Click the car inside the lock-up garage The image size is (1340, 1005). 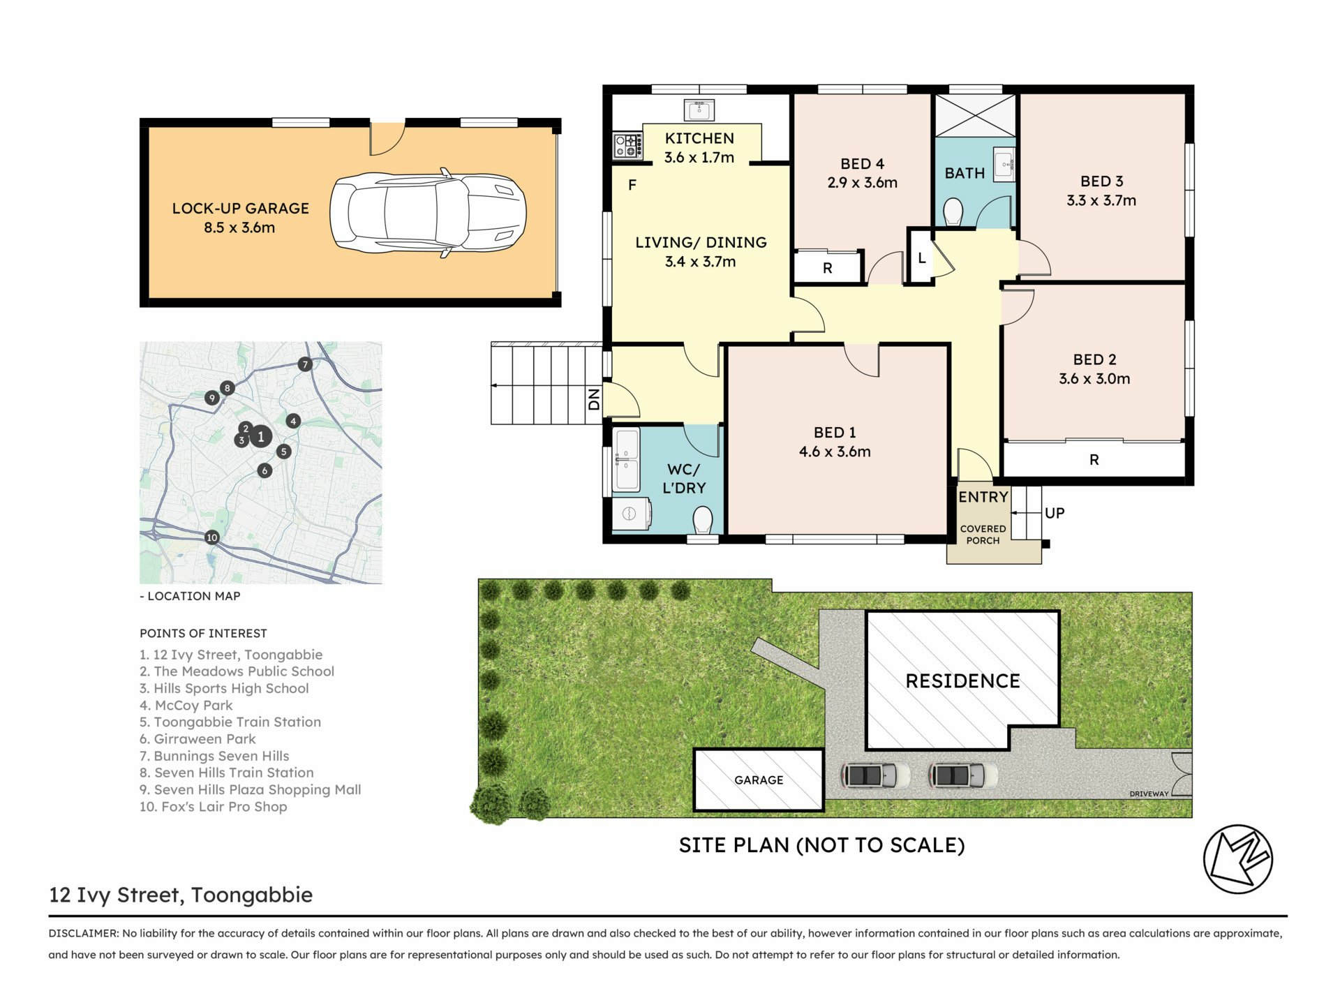pos(428,213)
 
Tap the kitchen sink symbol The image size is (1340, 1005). pos(699,110)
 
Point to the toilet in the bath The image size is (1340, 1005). pos(953,211)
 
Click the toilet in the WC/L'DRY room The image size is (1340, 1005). pos(703,520)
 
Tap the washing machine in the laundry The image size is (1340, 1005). pos(631,514)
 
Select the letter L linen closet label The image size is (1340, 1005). pos(922,258)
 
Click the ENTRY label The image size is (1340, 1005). pos(983,497)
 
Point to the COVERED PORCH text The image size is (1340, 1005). pos(983,535)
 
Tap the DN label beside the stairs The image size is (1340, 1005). pos(594,399)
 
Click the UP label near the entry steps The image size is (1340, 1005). pos(1055,513)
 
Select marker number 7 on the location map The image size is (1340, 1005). pos(305,364)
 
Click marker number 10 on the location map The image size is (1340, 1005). pos(212,537)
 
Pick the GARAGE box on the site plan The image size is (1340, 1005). pos(759,780)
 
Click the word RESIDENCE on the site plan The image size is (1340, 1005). pos(962,681)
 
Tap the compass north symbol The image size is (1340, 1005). pos(1238,859)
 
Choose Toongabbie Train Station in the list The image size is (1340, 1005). pos(230,722)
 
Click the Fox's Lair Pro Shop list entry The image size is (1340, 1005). pos(214,807)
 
